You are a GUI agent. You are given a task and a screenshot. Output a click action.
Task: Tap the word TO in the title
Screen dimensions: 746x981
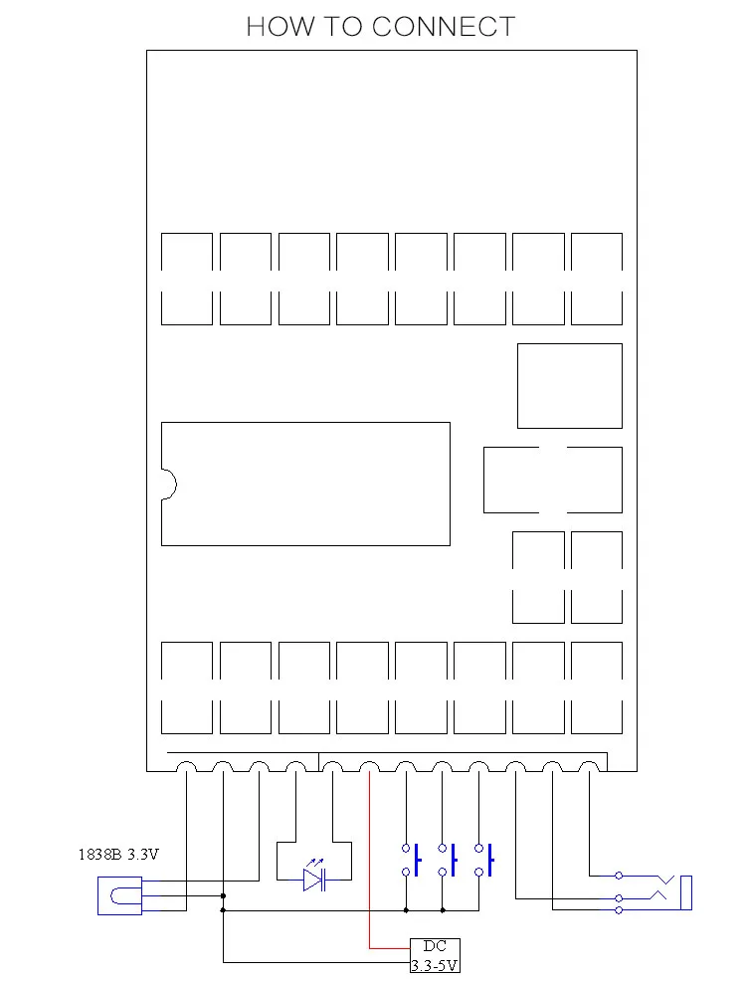click(x=342, y=27)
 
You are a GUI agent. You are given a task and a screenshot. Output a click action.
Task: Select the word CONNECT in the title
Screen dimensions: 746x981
click(x=444, y=27)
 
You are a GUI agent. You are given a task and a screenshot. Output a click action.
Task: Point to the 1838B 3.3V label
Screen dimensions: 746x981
click(x=118, y=854)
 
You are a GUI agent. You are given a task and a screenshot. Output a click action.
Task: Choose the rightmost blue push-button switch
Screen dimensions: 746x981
click(x=484, y=860)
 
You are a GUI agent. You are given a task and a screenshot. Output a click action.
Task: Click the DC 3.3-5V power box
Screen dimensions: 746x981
click(x=435, y=955)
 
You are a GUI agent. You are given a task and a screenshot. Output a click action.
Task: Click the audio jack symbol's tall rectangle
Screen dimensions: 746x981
click(x=686, y=892)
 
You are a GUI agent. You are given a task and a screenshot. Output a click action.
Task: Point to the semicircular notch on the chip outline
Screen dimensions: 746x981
click(x=169, y=485)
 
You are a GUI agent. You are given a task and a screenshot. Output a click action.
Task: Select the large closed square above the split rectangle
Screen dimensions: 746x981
click(x=570, y=386)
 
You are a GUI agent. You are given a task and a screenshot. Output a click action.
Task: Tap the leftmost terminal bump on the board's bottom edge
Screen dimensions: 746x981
click(x=186, y=766)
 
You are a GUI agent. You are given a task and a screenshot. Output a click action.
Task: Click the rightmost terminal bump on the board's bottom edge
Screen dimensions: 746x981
click(x=589, y=766)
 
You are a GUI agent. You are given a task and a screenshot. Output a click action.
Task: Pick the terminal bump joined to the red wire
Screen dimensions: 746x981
click(x=369, y=766)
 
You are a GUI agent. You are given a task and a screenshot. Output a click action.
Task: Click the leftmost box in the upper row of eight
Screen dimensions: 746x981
click(x=187, y=279)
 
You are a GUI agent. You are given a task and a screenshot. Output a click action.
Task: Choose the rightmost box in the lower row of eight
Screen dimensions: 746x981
click(x=597, y=687)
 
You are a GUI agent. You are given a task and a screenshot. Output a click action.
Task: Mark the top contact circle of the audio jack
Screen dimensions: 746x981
click(x=619, y=876)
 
